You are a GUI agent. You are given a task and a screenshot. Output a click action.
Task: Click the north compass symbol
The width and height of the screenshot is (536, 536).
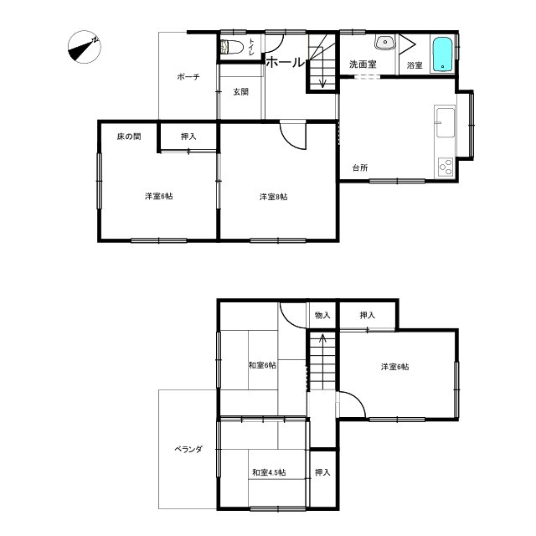click(84, 47)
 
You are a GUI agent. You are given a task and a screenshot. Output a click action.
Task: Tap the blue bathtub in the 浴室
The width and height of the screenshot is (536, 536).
click(443, 54)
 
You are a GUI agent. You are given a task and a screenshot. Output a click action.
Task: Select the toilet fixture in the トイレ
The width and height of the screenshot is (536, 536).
click(232, 47)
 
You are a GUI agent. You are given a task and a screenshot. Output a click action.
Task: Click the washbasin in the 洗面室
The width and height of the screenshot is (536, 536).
click(385, 43)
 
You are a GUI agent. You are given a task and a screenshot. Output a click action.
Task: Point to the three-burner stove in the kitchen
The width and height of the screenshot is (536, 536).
click(446, 167)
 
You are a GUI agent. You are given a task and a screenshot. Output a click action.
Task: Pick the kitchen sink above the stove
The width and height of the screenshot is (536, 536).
click(445, 122)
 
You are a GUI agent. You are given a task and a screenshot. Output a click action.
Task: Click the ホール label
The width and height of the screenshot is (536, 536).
click(285, 63)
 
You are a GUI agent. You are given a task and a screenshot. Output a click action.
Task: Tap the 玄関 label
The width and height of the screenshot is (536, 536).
click(240, 91)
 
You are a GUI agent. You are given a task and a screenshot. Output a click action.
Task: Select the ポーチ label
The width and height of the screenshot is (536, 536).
click(188, 77)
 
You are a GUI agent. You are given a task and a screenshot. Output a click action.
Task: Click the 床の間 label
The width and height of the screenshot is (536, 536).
click(129, 137)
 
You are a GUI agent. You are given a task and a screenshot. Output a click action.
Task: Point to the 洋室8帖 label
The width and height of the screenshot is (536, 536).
click(274, 197)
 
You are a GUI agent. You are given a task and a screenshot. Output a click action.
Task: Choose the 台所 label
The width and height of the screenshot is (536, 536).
click(360, 167)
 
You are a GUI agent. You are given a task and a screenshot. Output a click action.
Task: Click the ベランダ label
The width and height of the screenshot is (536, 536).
click(188, 449)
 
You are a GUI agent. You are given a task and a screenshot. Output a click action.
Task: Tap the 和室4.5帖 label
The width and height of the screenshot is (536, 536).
click(269, 472)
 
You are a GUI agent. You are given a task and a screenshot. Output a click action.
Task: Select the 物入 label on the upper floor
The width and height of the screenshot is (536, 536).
click(322, 315)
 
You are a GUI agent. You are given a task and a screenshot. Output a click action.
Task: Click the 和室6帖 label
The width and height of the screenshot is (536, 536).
click(262, 365)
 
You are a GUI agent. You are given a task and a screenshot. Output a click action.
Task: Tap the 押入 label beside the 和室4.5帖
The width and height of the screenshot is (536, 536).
click(322, 472)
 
